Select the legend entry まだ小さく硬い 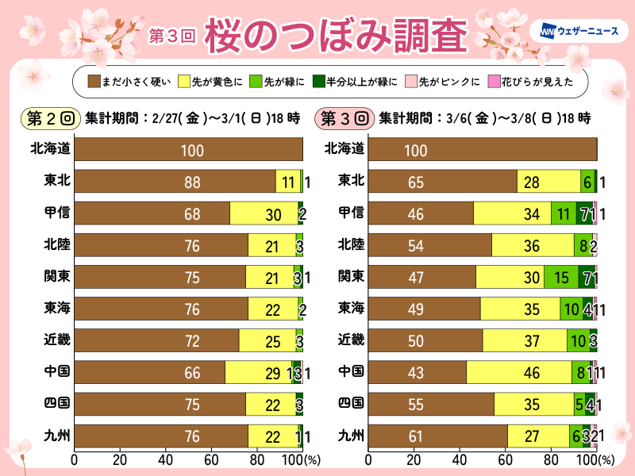click(126, 81)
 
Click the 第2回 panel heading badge click(51, 119)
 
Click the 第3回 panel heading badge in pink click(344, 119)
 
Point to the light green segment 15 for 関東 click(561, 277)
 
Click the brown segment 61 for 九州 click(437, 436)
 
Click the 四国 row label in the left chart click(56, 403)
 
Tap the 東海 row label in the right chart click(350, 308)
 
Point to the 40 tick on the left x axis click(166, 459)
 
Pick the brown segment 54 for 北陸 click(429, 245)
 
